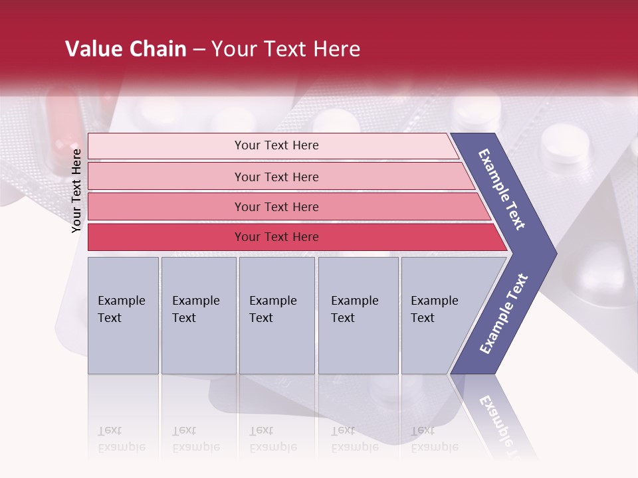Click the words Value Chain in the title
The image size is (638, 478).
(x=126, y=49)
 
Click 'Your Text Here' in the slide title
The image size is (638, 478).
(x=286, y=49)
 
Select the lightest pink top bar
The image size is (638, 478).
(x=276, y=145)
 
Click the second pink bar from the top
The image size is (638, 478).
(x=276, y=177)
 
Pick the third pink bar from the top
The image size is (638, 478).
(x=276, y=206)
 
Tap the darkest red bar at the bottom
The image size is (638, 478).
(x=276, y=237)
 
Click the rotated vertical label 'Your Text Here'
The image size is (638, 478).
(x=76, y=191)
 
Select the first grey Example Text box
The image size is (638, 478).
(x=123, y=315)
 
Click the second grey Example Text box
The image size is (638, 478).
(x=198, y=315)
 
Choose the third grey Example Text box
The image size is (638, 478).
(x=276, y=315)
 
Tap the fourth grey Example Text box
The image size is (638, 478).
(x=358, y=315)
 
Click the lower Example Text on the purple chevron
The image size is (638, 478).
(x=504, y=313)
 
